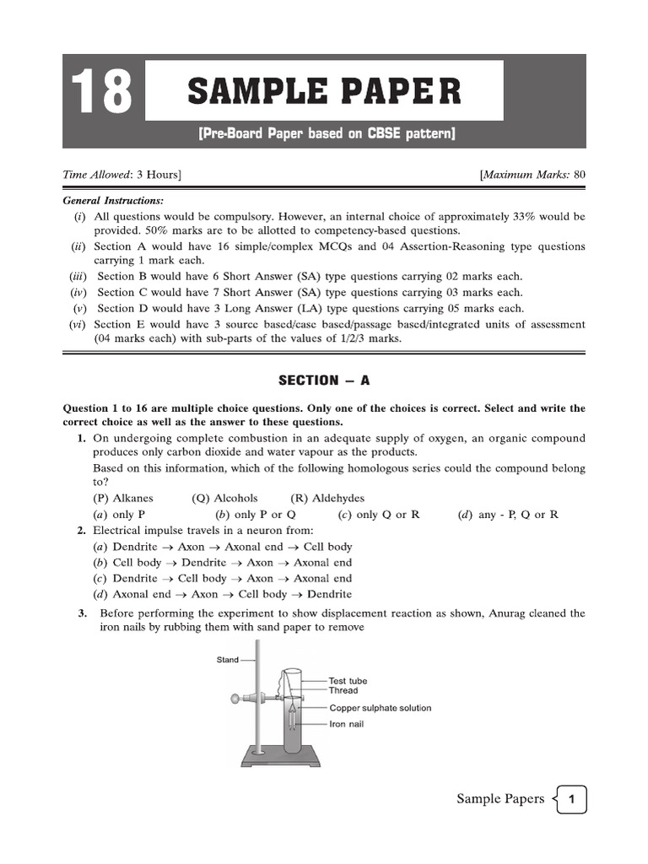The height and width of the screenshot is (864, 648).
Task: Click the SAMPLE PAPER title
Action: click(x=324, y=91)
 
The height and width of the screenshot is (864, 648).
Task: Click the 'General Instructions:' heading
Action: click(x=114, y=201)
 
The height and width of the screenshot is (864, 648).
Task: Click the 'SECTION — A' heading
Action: click(x=324, y=381)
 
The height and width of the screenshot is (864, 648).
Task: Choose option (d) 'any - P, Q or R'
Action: click(x=509, y=514)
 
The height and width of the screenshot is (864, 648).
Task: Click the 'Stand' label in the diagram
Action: click(x=228, y=660)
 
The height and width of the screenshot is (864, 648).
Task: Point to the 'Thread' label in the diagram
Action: click(x=343, y=690)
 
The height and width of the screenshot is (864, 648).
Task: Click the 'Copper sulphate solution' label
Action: click(x=380, y=708)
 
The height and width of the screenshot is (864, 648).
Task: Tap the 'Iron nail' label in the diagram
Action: click(x=347, y=724)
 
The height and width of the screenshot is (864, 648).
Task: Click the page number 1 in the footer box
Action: click(x=571, y=799)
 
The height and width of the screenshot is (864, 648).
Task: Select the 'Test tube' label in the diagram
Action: click(x=348, y=680)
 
